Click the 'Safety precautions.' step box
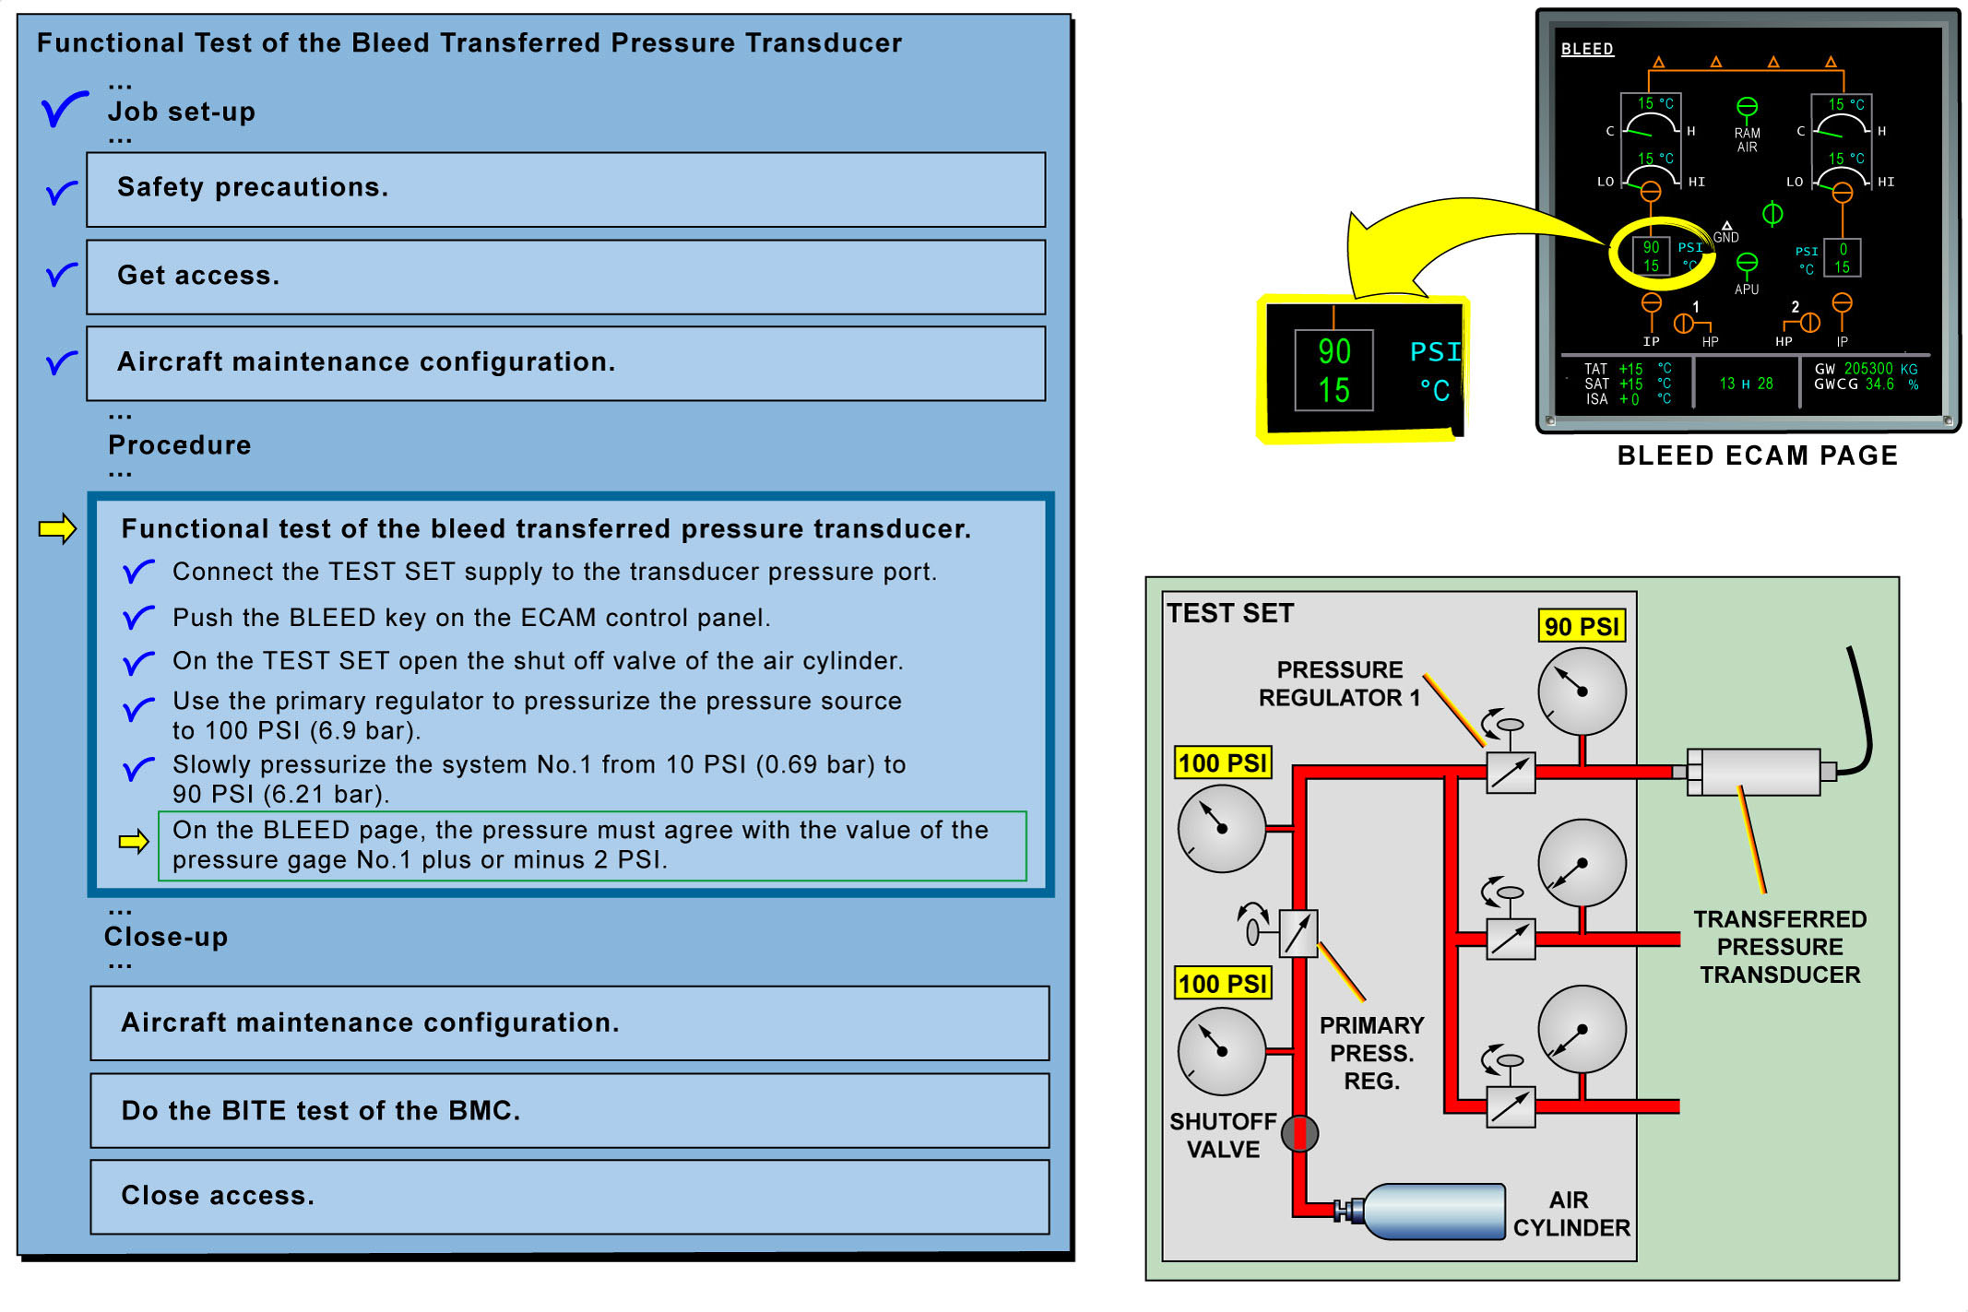(565, 189)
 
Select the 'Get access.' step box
(565, 277)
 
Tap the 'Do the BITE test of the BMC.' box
(569, 1110)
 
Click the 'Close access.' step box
(569, 1196)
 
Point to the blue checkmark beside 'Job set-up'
(64, 110)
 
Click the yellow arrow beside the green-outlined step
(134, 841)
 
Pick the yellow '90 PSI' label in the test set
(1581, 626)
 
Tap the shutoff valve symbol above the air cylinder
(1299, 1133)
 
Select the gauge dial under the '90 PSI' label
(1582, 691)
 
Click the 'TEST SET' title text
(1229, 613)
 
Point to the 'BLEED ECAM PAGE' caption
(1757, 455)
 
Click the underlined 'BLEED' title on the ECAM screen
(1586, 49)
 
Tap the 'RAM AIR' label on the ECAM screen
(1747, 140)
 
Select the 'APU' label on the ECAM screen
(1746, 290)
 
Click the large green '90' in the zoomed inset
(1334, 351)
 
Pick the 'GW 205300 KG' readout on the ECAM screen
(1866, 369)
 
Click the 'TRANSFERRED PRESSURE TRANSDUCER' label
(1779, 947)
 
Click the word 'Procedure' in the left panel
(179, 445)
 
